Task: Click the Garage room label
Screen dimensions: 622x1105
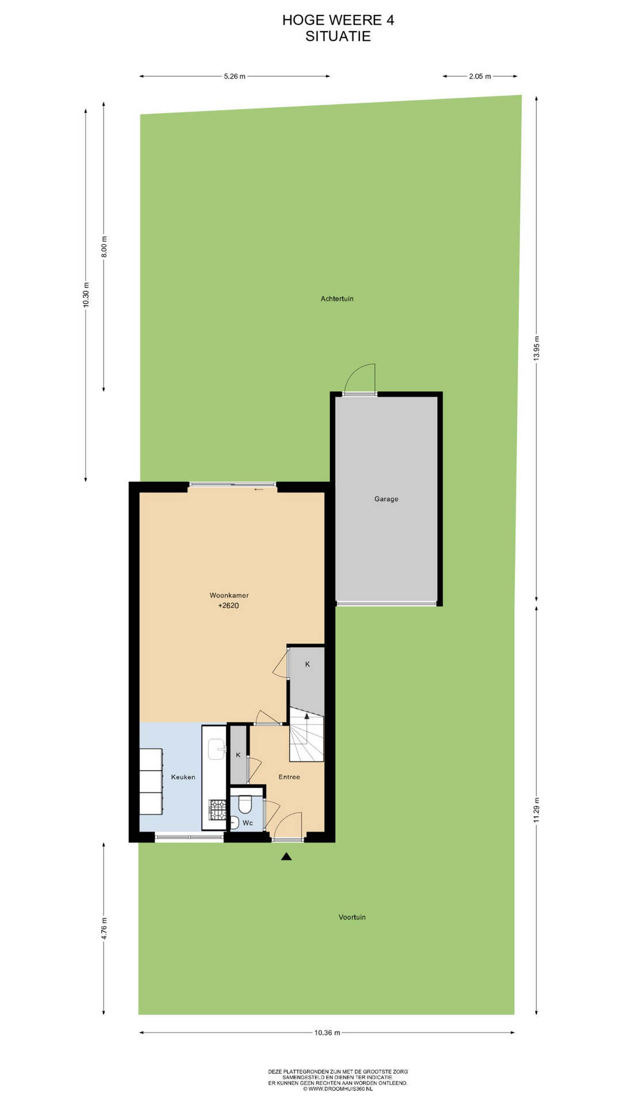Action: pos(386,499)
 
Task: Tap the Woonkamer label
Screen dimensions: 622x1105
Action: pos(229,595)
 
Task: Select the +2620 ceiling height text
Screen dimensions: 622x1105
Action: pos(229,605)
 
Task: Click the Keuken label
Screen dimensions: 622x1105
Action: pos(183,777)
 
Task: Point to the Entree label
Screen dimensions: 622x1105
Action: pos(289,777)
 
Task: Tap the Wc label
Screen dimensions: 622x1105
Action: pos(248,823)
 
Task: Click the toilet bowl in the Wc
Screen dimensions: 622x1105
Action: pos(245,804)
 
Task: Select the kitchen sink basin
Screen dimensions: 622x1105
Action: pos(217,750)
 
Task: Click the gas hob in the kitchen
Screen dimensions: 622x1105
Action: pos(218,810)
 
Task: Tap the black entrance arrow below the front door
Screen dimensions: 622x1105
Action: pos(286,856)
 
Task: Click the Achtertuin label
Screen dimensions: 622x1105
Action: pos(337,299)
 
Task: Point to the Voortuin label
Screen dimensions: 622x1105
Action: pos(352,917)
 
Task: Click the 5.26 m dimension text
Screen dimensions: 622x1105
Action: pos(234,76)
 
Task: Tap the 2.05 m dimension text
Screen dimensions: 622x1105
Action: pos(480,76)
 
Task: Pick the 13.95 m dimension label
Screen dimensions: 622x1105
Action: pos(536,348)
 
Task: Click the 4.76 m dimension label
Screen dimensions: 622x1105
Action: pos(104,928)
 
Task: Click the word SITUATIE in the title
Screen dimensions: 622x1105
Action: pos(338,36)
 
